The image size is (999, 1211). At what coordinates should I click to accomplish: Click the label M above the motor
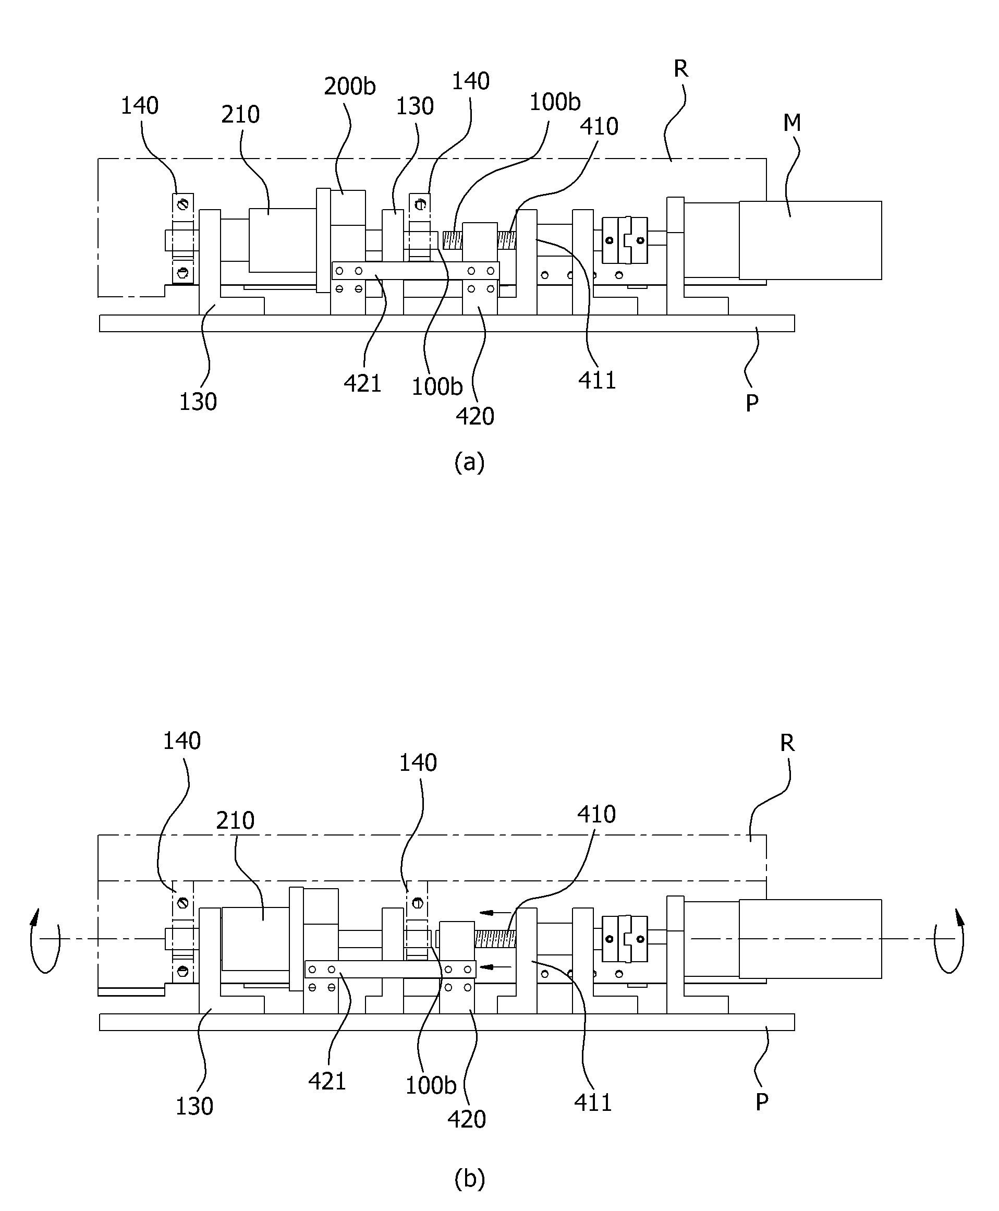coord(793,123)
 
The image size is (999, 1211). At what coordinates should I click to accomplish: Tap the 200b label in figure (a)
coord(350,87)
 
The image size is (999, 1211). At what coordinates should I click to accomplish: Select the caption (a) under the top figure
coord(470,462)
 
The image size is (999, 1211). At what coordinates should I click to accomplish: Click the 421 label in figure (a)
coord(362,383)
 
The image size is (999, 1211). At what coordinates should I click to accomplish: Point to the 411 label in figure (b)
coord(593,1102)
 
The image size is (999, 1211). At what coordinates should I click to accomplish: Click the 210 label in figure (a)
coord(240,115)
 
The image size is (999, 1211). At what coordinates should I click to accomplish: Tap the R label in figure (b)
coord(787,743)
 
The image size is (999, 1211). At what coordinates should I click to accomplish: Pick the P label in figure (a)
coord(751,404)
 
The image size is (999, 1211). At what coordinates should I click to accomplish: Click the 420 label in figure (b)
coord(467,1119)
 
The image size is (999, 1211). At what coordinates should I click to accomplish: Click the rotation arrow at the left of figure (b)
coord(45,940)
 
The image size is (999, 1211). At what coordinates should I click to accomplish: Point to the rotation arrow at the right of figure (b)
coord(949,940)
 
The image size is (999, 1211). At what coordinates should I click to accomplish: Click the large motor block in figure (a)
coord(810,240)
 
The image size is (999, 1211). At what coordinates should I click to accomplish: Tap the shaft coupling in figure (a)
coord(625,240)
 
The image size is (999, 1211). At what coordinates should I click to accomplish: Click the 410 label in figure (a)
coord(599,127)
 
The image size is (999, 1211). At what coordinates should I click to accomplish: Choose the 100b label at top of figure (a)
coord(555,102)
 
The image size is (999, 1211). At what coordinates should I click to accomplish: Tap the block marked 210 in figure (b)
coord(255,939)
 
